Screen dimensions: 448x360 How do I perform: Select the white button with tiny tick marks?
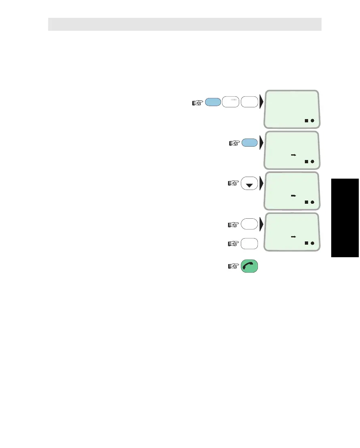(231, 102)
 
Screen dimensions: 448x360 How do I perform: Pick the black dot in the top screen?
(313, 121)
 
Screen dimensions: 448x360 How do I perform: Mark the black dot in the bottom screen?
(313, 243)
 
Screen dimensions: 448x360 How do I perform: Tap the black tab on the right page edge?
(345, 218)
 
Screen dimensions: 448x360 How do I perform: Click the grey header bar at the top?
(185, 24)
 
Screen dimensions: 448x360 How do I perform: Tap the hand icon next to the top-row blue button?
(197, 103)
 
